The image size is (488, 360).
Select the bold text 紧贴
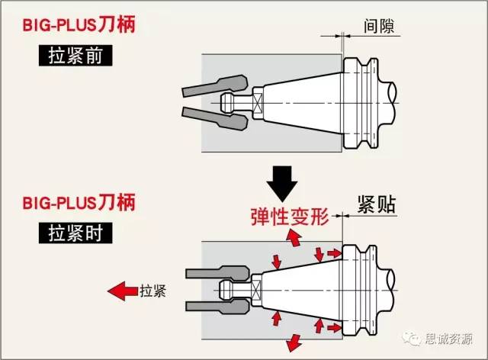[x=375, y=204]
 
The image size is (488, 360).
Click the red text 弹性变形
[x=289, y=217]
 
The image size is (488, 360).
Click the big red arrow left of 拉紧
[x=120, y=291]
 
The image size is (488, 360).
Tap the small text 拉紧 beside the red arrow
[x=152, y=291]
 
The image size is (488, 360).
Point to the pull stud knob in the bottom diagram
[x=226, y=290]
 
